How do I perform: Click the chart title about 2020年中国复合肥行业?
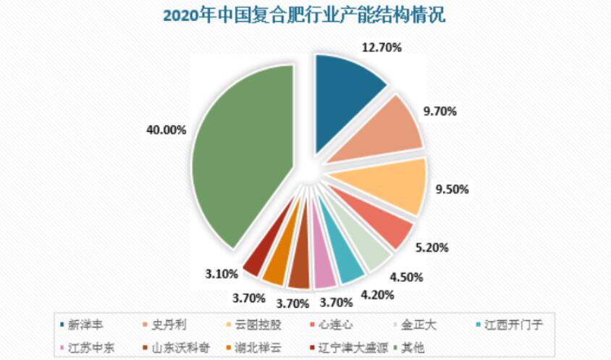click(305, 15)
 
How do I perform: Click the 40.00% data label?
click(167, 130)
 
